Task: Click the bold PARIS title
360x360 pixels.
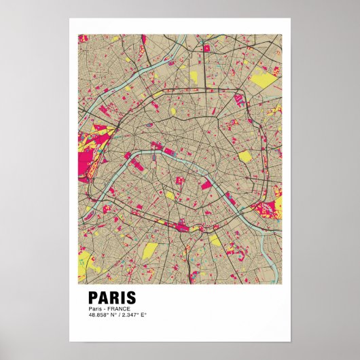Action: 112,298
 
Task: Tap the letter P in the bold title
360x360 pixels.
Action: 94,298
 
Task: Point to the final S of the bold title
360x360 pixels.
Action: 131,298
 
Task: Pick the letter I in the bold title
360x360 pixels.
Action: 122,298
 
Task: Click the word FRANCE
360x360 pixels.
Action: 115,309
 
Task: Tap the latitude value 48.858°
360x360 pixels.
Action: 98,315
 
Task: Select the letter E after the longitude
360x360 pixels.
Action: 144,315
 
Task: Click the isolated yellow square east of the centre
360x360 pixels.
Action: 245,157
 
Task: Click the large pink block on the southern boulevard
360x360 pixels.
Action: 182,226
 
